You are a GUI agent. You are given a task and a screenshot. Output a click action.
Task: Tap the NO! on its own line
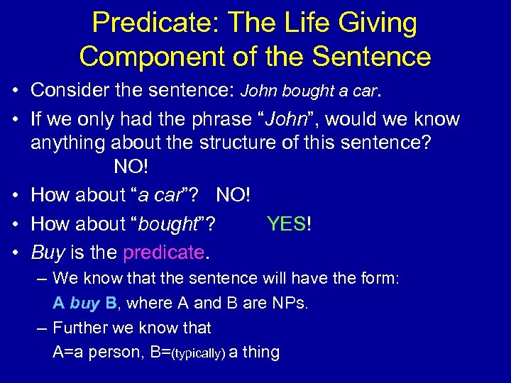pyautogui.click(x=132, y=169)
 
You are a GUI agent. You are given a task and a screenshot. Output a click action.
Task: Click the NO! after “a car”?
pyautogui.click(x=233, y=194)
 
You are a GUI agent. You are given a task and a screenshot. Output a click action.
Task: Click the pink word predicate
pyautogui.click(x=163, y=252)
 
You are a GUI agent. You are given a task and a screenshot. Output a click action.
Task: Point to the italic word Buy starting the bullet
pyautogui.click(x=48, y=252)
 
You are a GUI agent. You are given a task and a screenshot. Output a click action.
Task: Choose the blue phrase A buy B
pyautogui.click(x=85, y=304)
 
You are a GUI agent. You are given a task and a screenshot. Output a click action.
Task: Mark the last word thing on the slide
pyautogui.click(x=261, y=352)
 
